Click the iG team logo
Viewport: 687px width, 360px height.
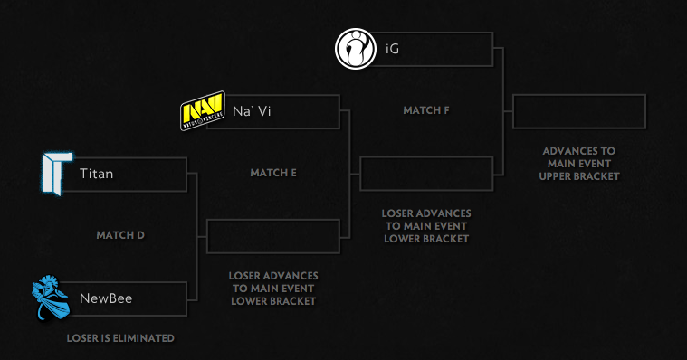(356, 49)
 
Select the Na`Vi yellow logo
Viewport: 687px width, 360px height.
(202, 112)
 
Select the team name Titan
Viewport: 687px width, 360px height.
(97, 174)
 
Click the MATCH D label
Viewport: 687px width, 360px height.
(120, 235)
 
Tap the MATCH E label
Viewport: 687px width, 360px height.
(273, 172)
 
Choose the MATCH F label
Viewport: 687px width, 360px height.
(426, 110)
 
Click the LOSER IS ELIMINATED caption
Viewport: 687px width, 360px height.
(120, 339)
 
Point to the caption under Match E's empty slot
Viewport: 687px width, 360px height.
(273, 288)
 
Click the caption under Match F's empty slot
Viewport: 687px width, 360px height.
(426, 226)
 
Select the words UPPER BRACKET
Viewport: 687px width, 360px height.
(580, 176)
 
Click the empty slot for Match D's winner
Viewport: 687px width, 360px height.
(273, 236)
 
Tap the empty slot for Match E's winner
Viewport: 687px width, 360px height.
(426, 174)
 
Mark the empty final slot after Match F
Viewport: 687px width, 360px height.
(579, 111)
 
